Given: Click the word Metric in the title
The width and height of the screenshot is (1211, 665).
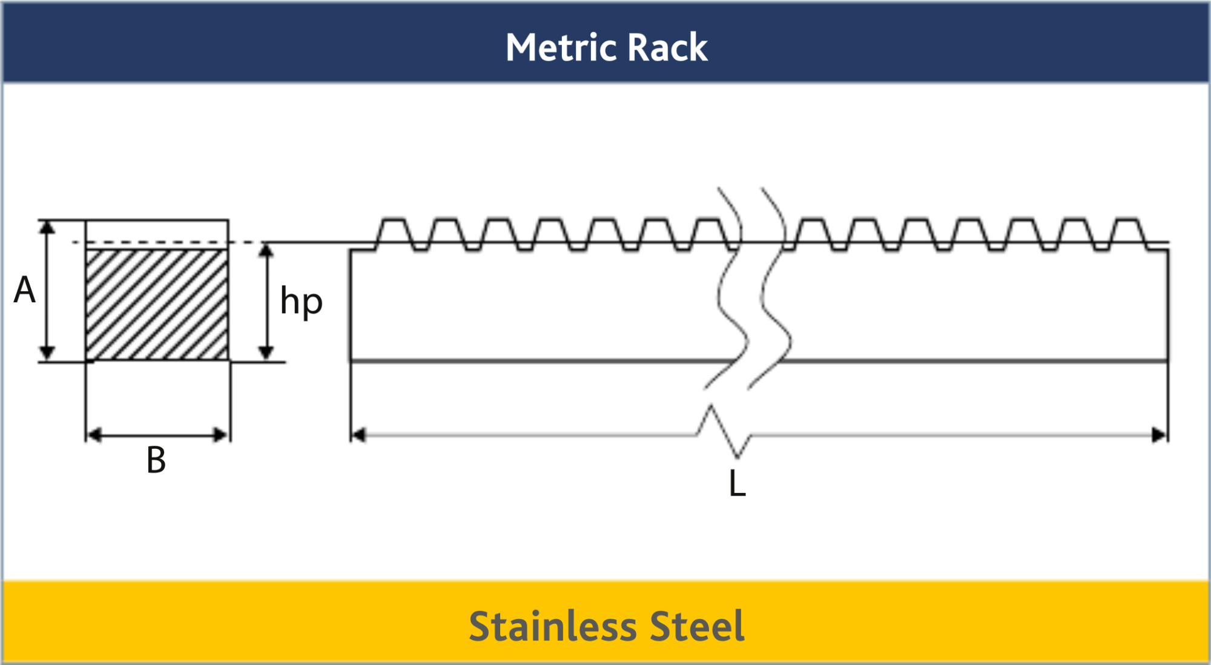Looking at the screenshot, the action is pos(561,47).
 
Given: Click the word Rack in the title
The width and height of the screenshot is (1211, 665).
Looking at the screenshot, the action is pos(668,47).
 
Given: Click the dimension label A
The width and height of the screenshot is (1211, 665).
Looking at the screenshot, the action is pos(25,289).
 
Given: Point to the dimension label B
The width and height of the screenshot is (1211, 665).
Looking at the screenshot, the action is pos(156,460).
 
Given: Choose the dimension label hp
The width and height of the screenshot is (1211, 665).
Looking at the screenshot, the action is pos(301,302).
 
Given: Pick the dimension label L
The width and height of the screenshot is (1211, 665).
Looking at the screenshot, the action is pos(737,483).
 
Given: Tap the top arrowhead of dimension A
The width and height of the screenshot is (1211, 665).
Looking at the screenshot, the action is pos(47,227).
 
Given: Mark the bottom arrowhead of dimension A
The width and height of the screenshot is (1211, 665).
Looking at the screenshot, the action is pos(47,354).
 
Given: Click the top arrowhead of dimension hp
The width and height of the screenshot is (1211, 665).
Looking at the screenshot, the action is pos(266,250).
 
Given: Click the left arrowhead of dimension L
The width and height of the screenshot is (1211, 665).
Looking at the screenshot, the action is pos(358,435).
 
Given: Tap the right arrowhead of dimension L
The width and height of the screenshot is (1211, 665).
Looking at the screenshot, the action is pos(1160,435).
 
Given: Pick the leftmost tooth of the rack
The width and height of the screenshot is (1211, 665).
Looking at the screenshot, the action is pos(394,234).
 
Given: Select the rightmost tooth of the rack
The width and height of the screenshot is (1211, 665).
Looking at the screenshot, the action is pos(1128,234).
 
